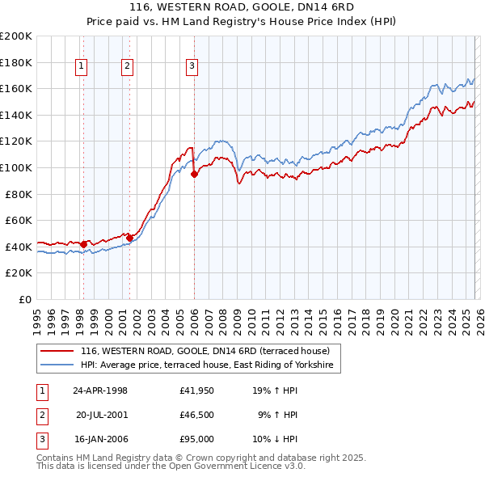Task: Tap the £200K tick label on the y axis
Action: pyautogui.click(x=16, y=36)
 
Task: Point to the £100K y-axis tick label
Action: pyautogui.click(x=16, y=167)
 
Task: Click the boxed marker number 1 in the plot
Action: pyautogui.click(x=82, y=67)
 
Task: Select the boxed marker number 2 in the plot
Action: pyautogui.click(x=128, y=67)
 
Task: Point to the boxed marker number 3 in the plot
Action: pyautogui.click(x=192, y=67)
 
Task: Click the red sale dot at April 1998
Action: pyautogui.click(x=83, y=243)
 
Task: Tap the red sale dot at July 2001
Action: pyautogui.click(x=129, y=238)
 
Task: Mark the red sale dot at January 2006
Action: pyautogui.click(x=194, y=174)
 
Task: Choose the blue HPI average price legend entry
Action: pyautogui.click(x=208, y=366)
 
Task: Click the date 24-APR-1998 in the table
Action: pyautogui.click(x=100, y=390)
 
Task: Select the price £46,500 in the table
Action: pyautogui.click(x=197, y=415)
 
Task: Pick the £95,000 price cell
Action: pyautogui.click(x=197, y=439)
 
